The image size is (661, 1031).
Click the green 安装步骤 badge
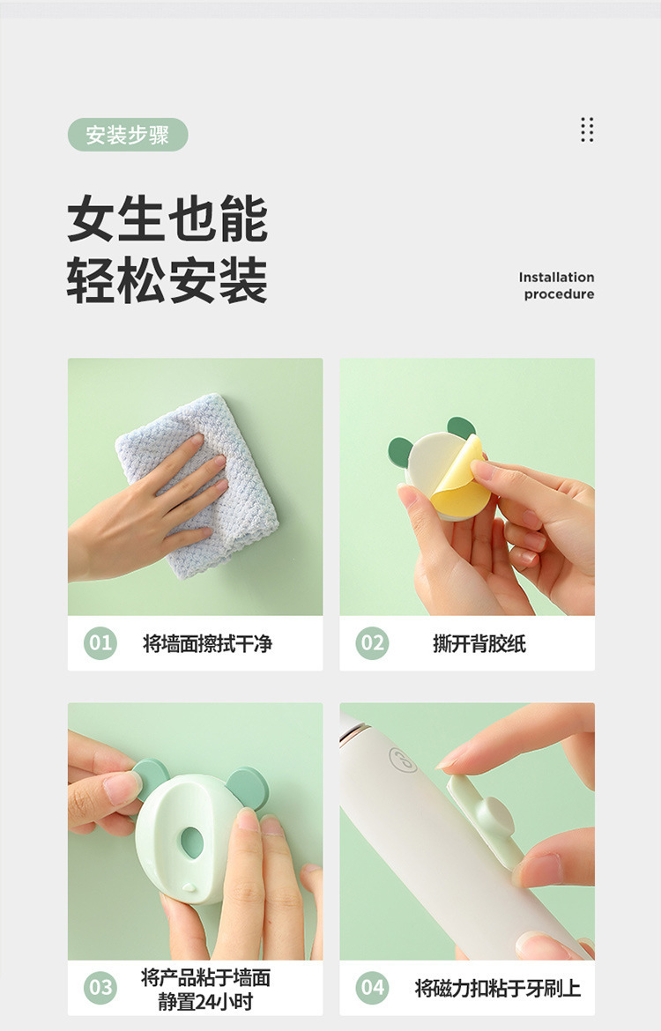pyautogui.click(x=128, y=135)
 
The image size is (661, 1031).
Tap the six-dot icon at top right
pyautogui.click(x=587, y=130)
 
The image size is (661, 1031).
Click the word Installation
pyautogui.click(x=556, y=277)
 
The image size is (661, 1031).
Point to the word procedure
pyautogui.click(x=559, y=294)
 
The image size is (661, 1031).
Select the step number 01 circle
pyautogui.click(x=100, y=643)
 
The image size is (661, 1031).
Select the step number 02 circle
pyautogui.click(x=372, y=643)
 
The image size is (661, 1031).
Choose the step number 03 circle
pyautogui.click(x=100, y=987)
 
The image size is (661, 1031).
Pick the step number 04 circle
pyautogui.click(x=372, y=987)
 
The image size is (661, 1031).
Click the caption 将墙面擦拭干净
pyautogui.click(x=207, y=644)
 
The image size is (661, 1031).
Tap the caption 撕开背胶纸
pyautogui.click(x=479, y=644)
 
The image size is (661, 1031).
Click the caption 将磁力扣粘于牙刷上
pyautogui.click(x=497, y=988)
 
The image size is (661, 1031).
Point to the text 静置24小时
pyautogui.click(x=205, y=1000)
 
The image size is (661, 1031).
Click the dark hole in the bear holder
pyautogui.click(x=192, y=842)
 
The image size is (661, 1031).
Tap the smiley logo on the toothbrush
pyautogui.click(x=403, y=760)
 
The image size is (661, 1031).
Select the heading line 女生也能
pyautogui.click(x=167, y=220)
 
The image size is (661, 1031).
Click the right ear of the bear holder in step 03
pyautogui.click(x=249, y=787)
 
